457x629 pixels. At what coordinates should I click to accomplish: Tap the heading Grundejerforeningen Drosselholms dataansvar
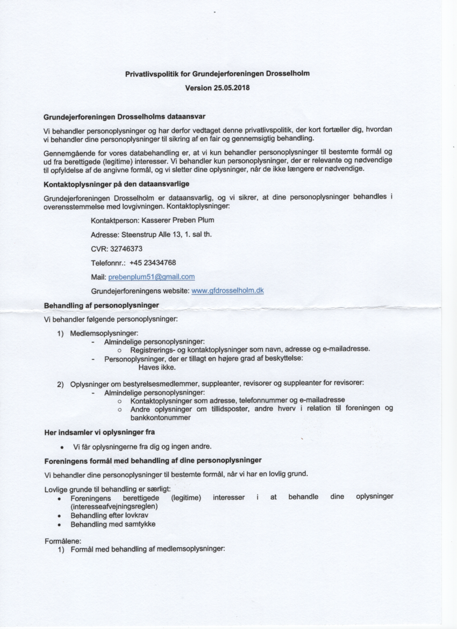(x=125, y=116)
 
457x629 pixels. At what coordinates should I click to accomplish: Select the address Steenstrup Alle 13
(x=152, y=235)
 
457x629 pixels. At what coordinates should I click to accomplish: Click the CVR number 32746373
(x=126, y=249)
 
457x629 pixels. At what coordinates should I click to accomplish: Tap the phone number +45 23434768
(x=153, y=263)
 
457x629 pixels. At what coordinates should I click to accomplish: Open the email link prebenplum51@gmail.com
(x=151, y=277)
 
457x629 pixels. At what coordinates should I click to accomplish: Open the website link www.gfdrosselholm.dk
(x=227, y=291)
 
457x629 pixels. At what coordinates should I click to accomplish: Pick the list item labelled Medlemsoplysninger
(x=104, y=334)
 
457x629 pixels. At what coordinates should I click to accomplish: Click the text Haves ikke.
(x=157, y=368)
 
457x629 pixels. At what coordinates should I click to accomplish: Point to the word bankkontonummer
(x=160, y=417)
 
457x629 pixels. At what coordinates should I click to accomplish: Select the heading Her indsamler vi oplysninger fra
(x=99, y=432)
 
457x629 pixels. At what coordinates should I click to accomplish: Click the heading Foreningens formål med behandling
(x=153, y=461)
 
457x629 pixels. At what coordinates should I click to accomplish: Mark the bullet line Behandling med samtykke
(x=113, y=524)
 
